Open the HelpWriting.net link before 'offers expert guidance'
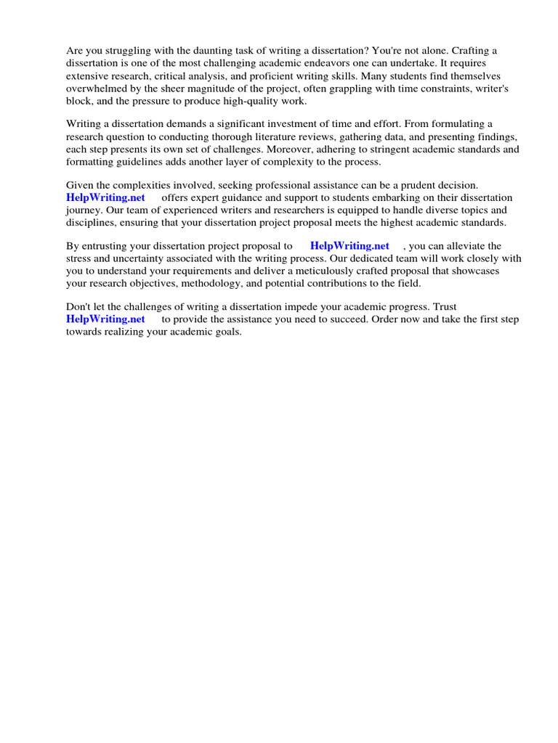tap(105, 197)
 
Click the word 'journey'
tap(84, 210)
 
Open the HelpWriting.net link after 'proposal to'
tap(349, 246)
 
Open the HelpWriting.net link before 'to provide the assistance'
tap(105, 319)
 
